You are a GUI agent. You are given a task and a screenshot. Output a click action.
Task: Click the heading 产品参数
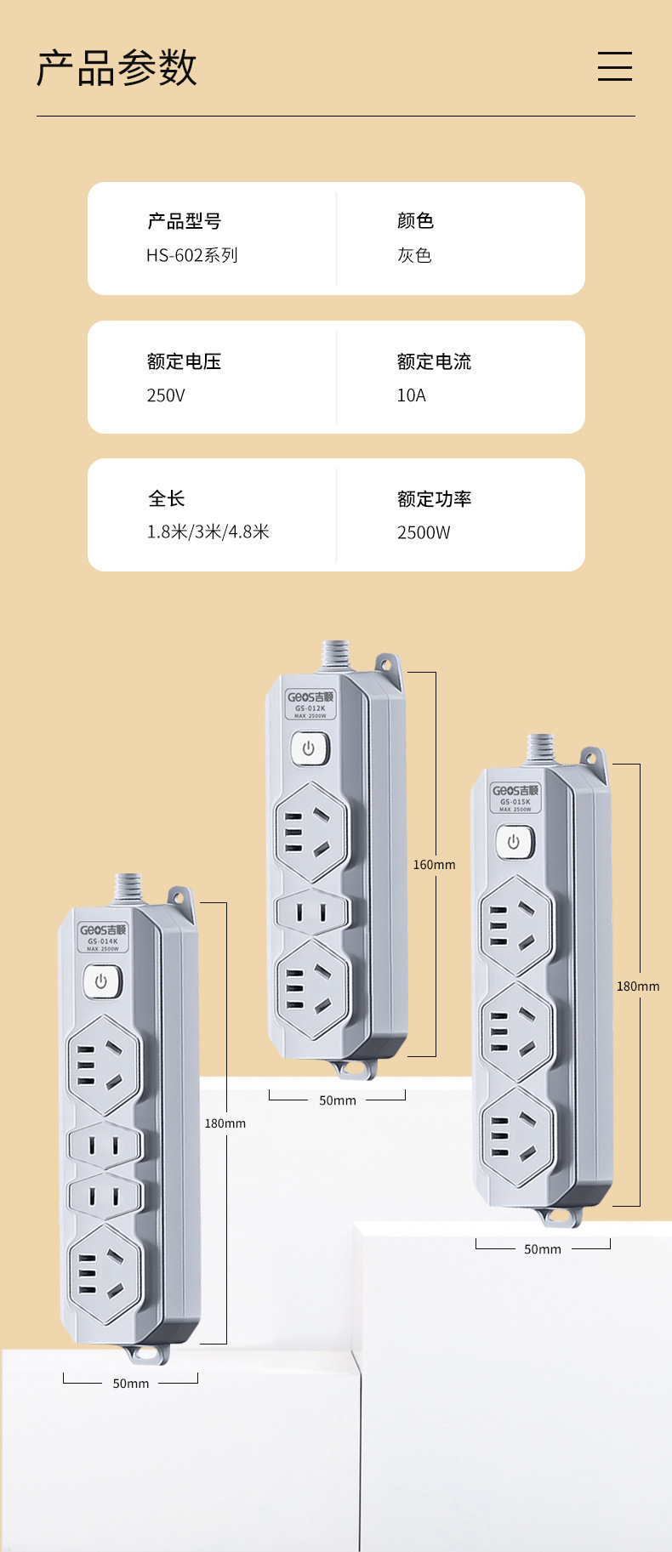(117, 68)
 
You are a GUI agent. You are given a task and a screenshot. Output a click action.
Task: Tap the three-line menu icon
(614, 66)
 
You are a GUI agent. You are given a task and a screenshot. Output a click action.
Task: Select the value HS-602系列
(192, 255)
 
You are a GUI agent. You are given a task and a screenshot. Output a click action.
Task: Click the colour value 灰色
(414, 255)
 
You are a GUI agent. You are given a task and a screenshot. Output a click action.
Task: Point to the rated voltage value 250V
(166, 395)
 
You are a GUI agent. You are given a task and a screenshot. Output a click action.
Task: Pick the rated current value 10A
(412, 395)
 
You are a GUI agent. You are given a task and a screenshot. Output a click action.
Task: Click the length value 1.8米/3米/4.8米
(208, 532)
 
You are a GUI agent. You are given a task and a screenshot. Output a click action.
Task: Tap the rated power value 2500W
(424, 533)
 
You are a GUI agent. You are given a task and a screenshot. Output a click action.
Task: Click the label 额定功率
(434, 499)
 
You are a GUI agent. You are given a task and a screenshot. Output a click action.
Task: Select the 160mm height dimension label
(434, 865)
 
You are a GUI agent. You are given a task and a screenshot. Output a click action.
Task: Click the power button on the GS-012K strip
(309, 748)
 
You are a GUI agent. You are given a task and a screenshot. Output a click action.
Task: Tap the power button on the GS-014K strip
(101, 981)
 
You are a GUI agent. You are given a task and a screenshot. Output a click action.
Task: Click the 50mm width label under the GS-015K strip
(543, 1249)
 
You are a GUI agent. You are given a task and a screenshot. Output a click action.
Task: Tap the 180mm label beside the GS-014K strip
(225, 1123)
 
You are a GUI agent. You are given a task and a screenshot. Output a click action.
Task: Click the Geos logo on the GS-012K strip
(310, 697)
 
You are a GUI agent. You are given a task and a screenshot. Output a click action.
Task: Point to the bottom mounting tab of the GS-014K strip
(146, 1353)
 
